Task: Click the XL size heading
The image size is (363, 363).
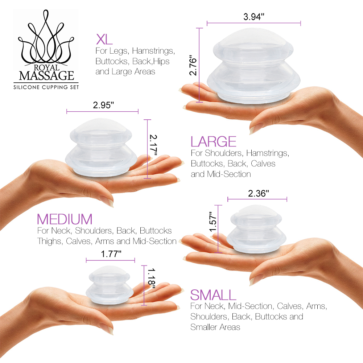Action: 104,39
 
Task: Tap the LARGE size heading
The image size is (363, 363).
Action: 214,141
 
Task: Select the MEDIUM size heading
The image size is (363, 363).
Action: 65,219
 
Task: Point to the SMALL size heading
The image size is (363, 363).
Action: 213,295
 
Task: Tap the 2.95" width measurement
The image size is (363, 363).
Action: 103,106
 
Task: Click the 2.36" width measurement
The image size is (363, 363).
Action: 258,193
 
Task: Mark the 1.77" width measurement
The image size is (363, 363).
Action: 111,253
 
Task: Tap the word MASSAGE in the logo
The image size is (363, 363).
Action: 46,76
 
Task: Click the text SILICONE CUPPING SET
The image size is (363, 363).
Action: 46,87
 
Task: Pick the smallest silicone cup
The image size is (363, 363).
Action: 109,284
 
